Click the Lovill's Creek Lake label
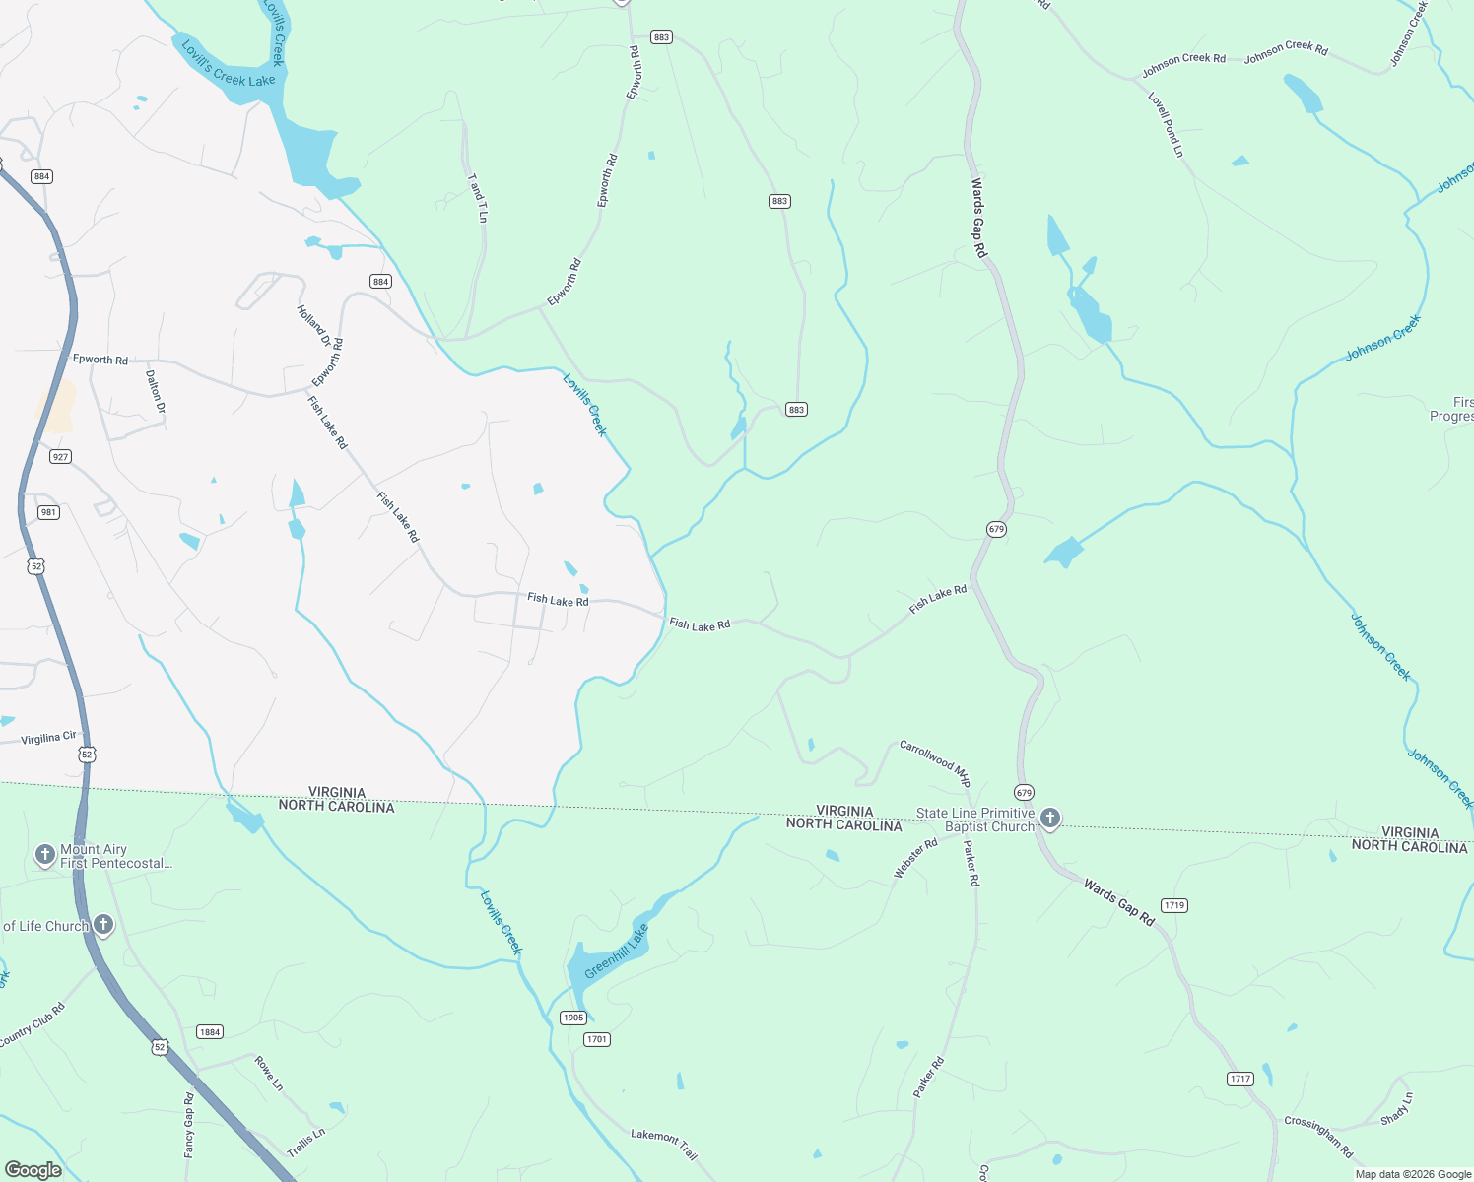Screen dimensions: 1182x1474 click(228, 64)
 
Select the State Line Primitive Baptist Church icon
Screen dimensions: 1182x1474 click(1050, 818)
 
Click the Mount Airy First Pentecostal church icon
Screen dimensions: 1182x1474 click(44, 854)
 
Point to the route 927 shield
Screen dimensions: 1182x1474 click(60, 457)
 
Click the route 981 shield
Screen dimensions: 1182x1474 click(48, 512)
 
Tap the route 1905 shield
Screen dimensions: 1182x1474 click(572, 1018)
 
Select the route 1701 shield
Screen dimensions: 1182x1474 click(597, 1039)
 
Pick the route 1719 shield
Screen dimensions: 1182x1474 click(1173, 905)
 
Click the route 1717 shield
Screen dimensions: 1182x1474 click(1240, 1079)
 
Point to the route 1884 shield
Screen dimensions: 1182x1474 click(209, 1032)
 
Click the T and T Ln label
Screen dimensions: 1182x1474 click(478, 198)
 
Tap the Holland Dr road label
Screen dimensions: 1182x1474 click(314, 326)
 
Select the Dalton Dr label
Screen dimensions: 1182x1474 click(155, 391)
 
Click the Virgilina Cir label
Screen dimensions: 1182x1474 click(48, 737)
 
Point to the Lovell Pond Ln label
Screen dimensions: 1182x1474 click(1166, 124)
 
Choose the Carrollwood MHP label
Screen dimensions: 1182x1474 click(935, 763)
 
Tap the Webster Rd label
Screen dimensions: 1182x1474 click(915, 858)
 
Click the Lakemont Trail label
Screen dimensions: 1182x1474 click(664, 1144)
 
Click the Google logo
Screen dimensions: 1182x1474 click(33, 1169)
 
